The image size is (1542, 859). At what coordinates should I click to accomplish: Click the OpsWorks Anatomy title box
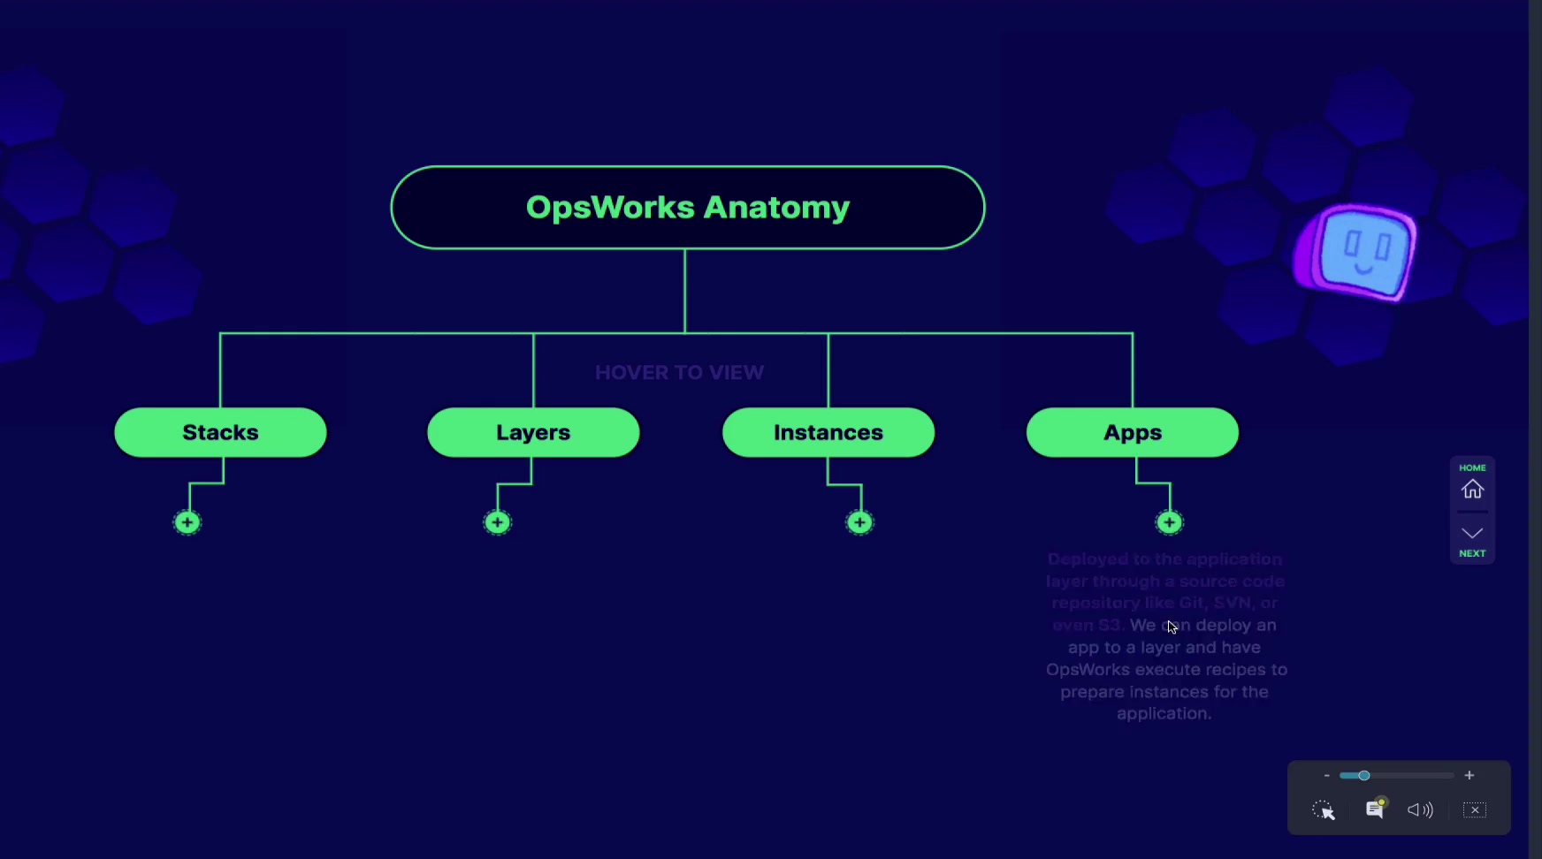point(687,208)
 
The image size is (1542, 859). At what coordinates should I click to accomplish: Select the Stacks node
point(220,432)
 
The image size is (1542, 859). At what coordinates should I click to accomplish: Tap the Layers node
point(533,432)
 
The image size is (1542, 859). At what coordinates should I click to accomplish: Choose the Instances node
point(828,432)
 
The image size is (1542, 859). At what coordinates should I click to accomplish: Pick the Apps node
point(1132,432)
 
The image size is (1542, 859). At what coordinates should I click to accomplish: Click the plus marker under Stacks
point(187,522)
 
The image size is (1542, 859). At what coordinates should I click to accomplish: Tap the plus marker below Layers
point(498,522)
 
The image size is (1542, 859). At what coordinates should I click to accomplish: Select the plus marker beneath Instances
point(859,522)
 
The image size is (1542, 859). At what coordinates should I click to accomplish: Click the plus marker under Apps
point(1170,522)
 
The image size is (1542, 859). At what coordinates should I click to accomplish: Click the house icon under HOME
point(1472,489)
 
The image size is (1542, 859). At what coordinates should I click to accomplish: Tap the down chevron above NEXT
point(1472,533)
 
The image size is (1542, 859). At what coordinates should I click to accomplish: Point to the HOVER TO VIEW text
point(679,372)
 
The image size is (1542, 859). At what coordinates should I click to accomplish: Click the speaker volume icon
point(1420,810)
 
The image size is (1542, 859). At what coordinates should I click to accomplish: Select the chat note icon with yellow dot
point(1375,809)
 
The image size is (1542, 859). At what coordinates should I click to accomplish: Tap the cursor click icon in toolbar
point(1324,810)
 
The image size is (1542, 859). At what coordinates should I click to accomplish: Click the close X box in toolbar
point(1475,810)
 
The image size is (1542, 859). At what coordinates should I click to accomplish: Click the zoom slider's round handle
point(1364,775)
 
